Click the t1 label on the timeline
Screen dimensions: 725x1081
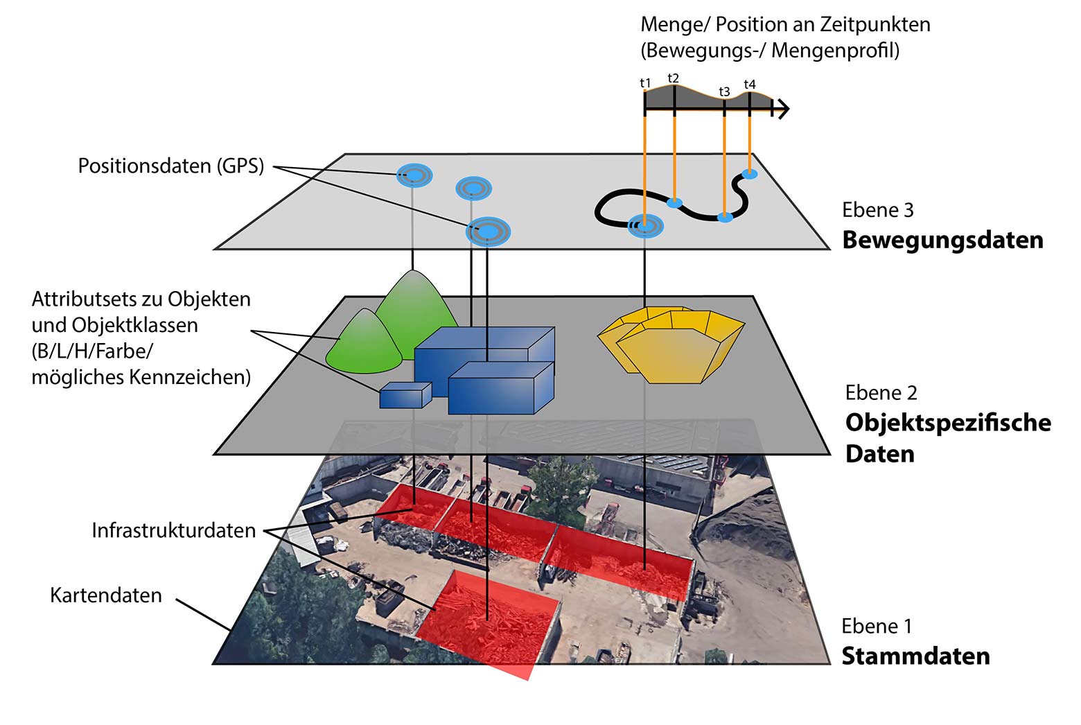645,83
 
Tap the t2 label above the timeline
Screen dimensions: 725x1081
673,78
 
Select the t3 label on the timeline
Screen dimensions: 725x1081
724,91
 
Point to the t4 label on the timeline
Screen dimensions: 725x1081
750,85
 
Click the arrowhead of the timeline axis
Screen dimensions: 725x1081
782,109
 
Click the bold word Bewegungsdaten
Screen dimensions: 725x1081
942,240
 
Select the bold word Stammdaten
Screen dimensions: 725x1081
915,656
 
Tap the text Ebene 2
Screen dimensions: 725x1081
881,393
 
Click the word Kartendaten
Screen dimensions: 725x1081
106,595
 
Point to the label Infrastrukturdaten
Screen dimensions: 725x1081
174,531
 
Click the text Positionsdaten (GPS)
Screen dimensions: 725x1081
171,166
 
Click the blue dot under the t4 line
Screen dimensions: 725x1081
750,173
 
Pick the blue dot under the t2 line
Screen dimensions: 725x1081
674,203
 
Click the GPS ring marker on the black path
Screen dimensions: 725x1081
645,226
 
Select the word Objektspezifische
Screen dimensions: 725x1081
948,422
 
